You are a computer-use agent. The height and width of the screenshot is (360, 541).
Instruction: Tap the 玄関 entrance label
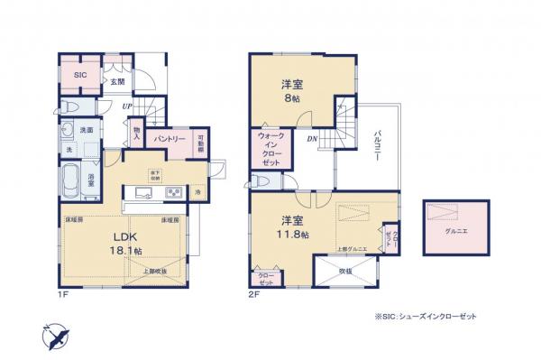click(116, 81)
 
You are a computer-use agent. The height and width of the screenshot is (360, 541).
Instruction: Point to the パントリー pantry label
click(170, 140)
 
